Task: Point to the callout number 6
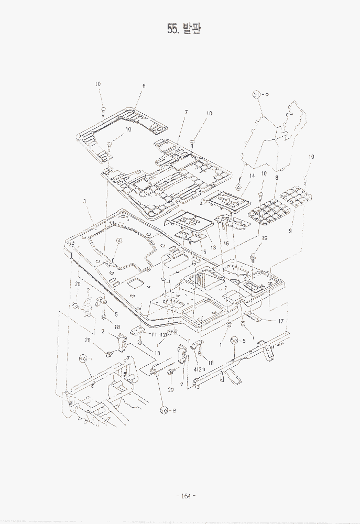click(x=144, y=85)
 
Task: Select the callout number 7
click(x=186, y=112)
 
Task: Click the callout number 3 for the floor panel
click(x=85, y=201)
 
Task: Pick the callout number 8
click(x=276, y=178)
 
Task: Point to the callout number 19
click(x=265, y=238)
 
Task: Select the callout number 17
click(x=280, y=321)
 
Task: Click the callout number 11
click(x=155, y=334)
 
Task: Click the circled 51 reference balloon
click(x=257, y=95)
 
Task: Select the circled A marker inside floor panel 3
click(x=119, y=241)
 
